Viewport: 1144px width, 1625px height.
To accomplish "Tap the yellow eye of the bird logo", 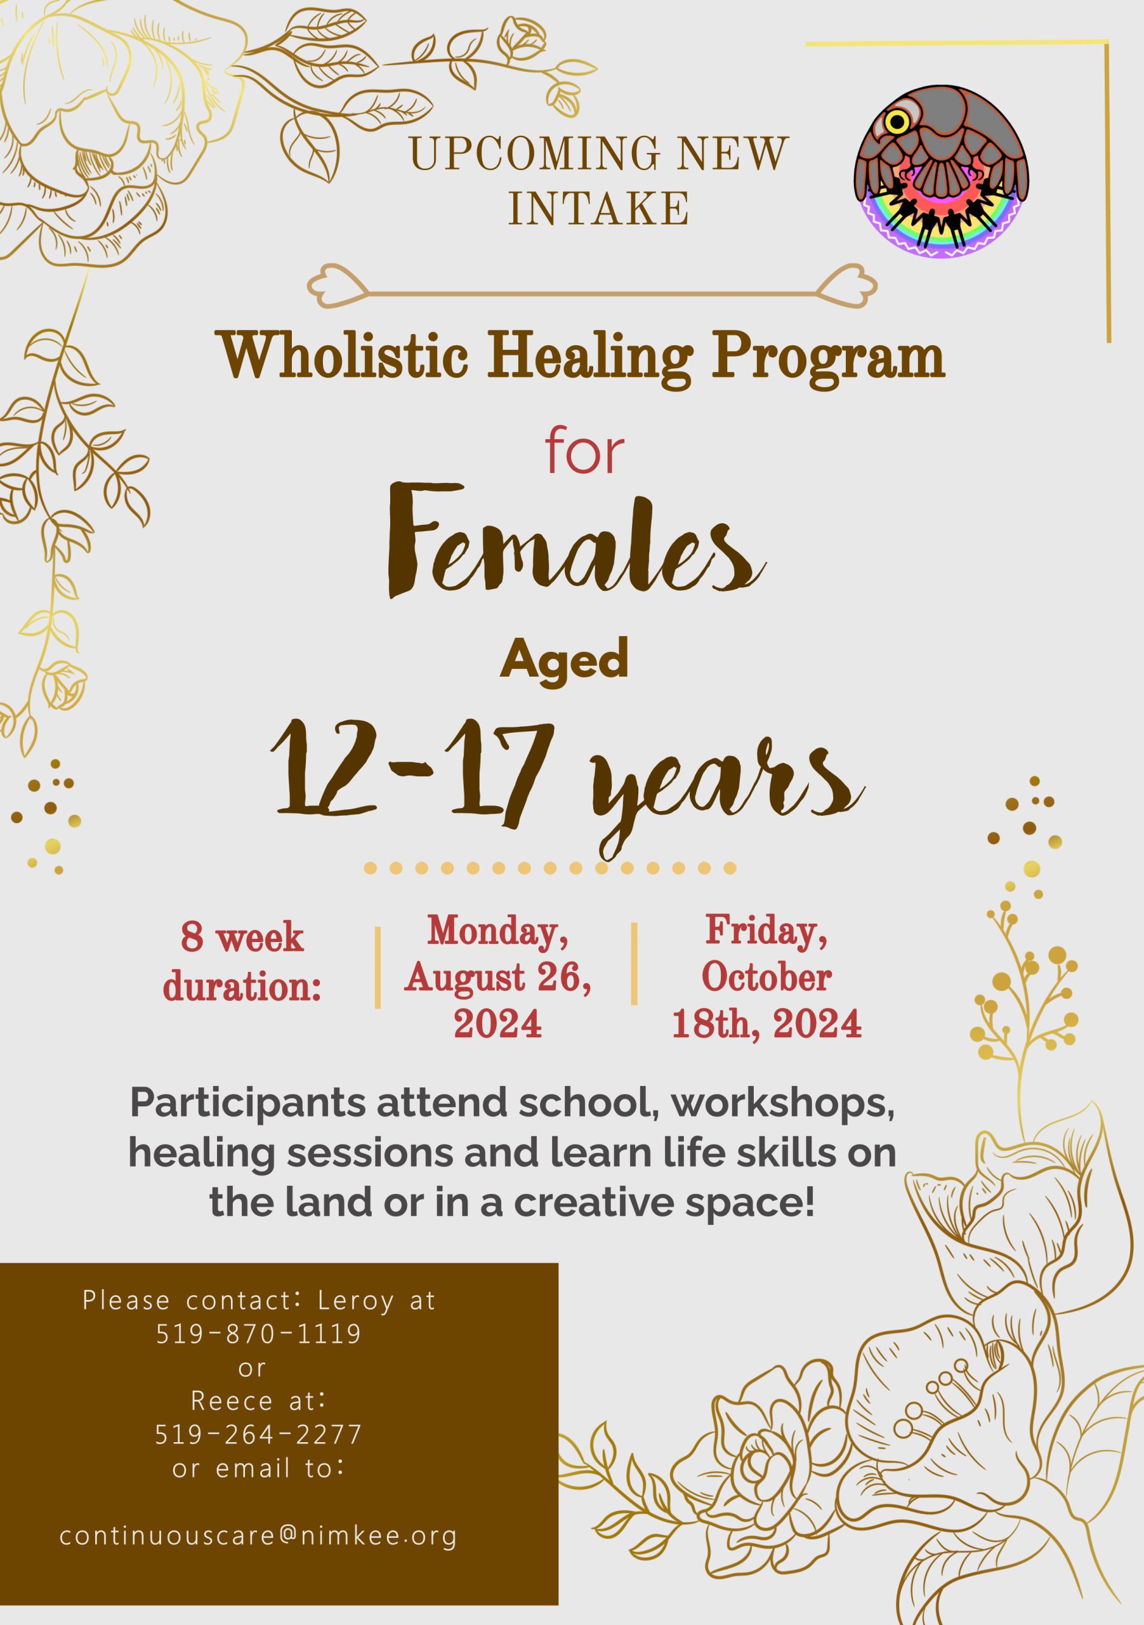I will click(x=898, y=123).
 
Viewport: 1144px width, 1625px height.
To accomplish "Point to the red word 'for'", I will click(x=584, y=453).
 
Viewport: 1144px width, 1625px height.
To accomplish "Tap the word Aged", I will click(x=564, y=658).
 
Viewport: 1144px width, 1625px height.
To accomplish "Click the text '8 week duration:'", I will click(x=242, y=961).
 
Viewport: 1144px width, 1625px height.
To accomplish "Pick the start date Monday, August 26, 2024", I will click(x=497, y=977).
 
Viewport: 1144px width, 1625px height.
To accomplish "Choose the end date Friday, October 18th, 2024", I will click(x=766, y=977).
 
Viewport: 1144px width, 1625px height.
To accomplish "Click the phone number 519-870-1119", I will click(x=258, y=1334).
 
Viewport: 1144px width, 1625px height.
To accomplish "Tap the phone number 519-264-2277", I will click(x=258, y=1435).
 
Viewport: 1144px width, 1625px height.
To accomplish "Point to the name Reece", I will click(x=232, y=1401).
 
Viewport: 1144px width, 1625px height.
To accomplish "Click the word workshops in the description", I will click(x=782, y=1102).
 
